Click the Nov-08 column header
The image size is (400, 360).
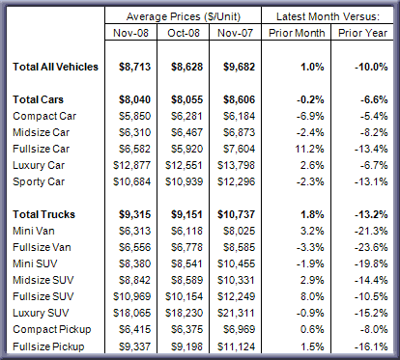coord(130,33)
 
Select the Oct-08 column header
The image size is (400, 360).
coord(184,33)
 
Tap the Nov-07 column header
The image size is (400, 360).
coord(235,33)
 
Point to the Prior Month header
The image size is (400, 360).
coord(297,33)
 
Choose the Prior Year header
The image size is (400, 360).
coord(362,33)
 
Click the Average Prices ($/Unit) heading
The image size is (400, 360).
coord(184,16)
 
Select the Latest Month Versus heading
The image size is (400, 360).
coord(328,16)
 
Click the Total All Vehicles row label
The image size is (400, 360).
coord(55,67)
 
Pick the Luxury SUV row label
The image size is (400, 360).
coord(41,313)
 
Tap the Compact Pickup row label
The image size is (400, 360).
coord(52,329)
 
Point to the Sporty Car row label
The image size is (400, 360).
coord(39,181)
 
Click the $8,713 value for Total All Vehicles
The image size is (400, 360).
coord(134,67)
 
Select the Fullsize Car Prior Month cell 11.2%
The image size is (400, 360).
coord(309,149)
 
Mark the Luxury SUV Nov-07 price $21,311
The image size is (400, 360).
coord(236,313)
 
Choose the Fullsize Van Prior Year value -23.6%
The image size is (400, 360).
coord(371,247)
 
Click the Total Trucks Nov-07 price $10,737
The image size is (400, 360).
coord(236,214)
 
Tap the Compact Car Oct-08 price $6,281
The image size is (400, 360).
coord(186,116)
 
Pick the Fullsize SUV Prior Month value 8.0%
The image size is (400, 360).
coord(312,296)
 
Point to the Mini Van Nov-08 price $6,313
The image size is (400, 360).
coord(134,231)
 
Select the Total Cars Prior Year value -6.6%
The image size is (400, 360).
coord(374,99)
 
